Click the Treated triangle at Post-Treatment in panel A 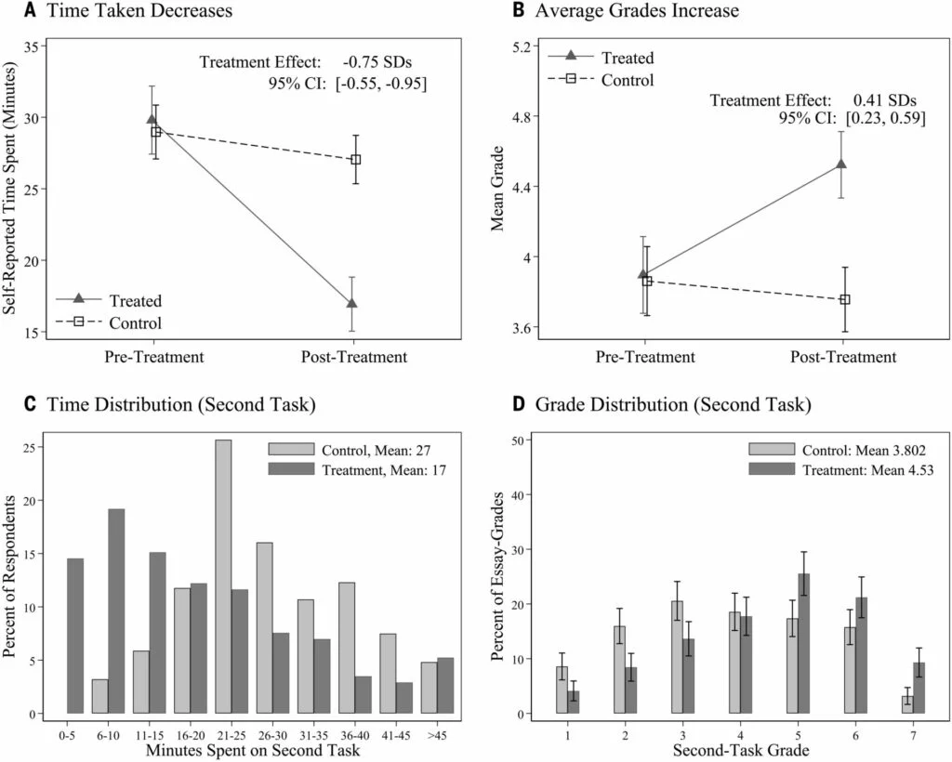pos(351,303)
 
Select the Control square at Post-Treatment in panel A pos(355,159)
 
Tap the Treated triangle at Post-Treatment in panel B pos(840,164)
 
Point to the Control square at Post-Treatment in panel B pos(844,299)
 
